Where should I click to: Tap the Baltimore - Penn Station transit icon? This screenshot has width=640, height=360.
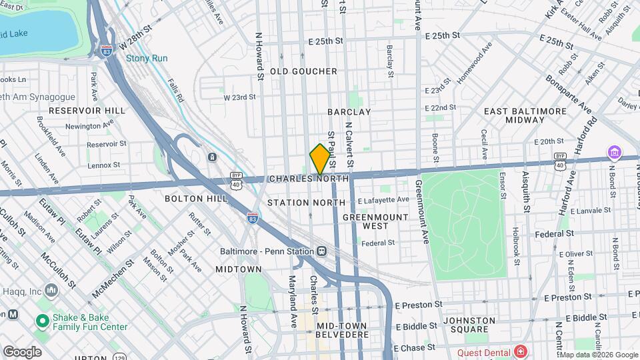point(322,251)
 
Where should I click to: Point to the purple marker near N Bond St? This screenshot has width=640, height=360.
point(613,153)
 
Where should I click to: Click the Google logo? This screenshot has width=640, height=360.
point(21,352)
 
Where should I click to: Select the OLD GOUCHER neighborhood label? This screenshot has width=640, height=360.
point(303,71)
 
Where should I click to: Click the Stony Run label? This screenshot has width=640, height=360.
point(147,58)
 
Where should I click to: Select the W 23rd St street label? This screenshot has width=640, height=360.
point(239,97)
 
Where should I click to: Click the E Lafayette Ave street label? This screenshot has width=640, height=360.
point(383,200)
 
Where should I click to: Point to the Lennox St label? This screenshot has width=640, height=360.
point(103,164)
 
